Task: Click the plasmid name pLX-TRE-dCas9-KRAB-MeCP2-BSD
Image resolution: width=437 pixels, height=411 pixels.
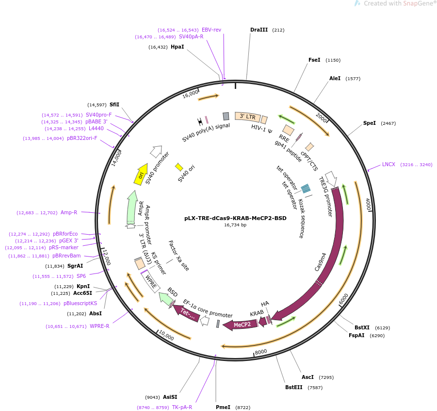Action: (235, 218)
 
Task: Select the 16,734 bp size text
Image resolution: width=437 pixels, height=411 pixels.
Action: (235, 225)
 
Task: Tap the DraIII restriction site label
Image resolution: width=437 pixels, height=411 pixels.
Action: (259, 30)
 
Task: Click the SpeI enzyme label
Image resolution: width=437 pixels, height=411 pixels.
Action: (370, 123)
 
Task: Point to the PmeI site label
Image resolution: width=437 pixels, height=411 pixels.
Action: (223, 407)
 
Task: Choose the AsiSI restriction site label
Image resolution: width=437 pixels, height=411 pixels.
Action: (170, 397)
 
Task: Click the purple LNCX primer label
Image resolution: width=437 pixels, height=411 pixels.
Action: (388, 164)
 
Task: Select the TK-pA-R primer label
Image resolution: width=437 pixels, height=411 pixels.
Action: (182, 407)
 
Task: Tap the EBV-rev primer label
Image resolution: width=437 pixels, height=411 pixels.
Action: (211, 30)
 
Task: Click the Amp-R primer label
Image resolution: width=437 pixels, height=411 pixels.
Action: (69, 212)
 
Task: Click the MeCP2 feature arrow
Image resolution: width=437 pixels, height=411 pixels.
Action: (241, 325)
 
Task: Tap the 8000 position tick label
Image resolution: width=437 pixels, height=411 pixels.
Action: (261, 351)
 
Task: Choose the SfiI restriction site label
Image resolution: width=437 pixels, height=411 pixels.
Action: (114, 104)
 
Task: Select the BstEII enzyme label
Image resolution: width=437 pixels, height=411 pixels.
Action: (293, 387)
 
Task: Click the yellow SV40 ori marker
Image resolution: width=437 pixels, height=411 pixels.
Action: (179, 167)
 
